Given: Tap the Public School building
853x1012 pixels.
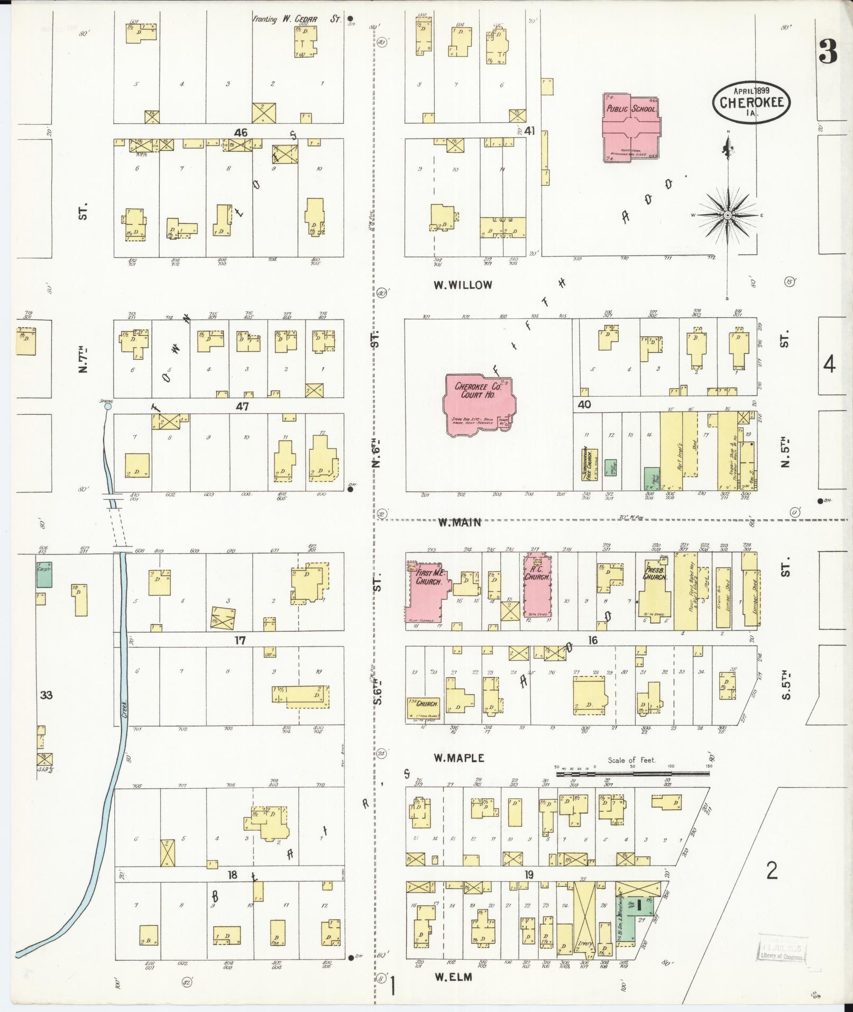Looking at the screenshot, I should coord(630,127).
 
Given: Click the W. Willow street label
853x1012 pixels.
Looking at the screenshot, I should coord(463,285).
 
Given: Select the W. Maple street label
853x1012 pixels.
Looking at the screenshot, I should coord(458,758).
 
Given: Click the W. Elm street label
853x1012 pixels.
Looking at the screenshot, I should coord(452,978).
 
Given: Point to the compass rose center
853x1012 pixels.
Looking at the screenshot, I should coord(728,215).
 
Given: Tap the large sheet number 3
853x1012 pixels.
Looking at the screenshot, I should coord(828,51).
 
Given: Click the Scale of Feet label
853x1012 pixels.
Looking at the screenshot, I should coord(631,760).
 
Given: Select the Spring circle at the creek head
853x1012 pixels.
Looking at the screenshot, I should coord(108,406).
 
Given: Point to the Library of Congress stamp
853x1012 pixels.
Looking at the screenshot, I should coord(782,951).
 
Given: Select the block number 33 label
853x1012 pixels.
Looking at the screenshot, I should coord(47,695).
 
